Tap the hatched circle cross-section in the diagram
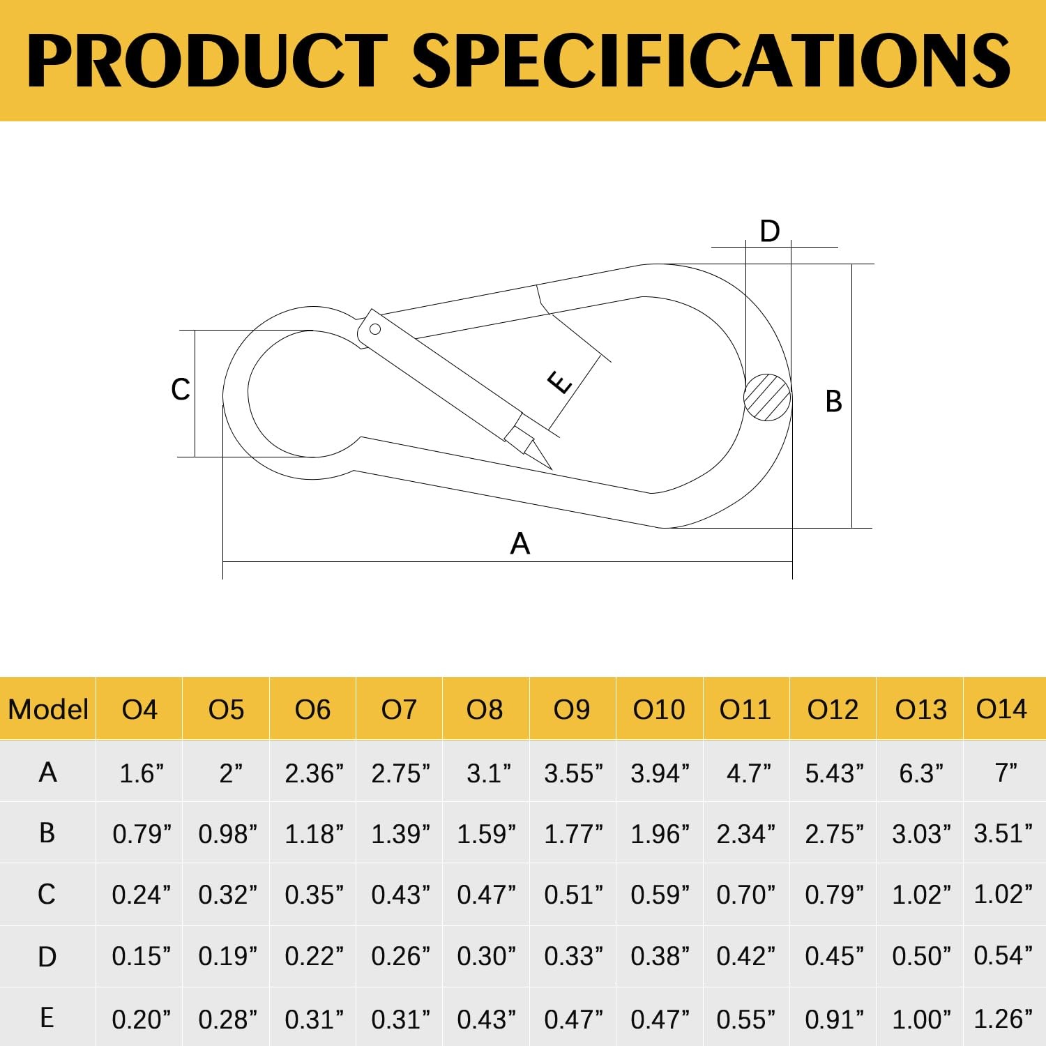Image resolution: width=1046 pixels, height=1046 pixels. [767, 397]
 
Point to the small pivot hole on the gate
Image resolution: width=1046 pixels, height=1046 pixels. [375, 329]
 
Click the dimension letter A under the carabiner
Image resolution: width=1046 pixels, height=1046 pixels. [520, 543]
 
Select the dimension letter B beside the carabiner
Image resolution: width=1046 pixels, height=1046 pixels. [833, 402]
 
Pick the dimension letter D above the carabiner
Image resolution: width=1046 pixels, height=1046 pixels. [769, 231]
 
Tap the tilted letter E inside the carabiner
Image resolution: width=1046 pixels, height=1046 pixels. [560, 382]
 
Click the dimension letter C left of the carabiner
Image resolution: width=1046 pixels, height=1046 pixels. [180, 389]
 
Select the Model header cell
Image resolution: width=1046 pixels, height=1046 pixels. [48, 710]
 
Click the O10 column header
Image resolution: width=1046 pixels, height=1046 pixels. [659, 710]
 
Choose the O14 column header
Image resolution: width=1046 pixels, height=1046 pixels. [1001, 709]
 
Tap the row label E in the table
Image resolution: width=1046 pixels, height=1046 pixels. [47, 1018]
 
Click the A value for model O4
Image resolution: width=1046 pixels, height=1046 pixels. [141, 773]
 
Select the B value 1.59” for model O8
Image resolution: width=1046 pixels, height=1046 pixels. [486, 834]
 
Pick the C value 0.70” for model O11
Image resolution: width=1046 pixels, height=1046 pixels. [745, 895]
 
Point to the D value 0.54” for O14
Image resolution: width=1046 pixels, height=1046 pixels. [1003, 955]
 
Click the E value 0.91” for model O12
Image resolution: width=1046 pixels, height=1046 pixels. [834, 1020]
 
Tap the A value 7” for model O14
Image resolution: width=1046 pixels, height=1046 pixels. [1006, 773]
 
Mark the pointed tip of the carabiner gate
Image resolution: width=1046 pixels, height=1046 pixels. [551, 469]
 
